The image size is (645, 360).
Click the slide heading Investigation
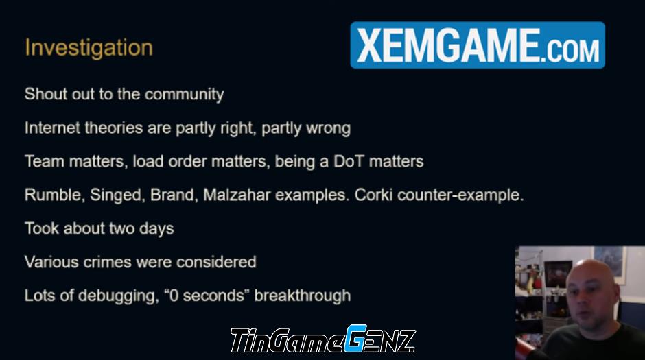point(89,49)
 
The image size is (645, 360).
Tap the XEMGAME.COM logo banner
point(478,45)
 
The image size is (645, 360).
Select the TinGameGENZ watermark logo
point(323,339)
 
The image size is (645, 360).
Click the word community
point(185,95)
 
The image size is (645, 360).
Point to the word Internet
point(52,128)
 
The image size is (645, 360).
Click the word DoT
point(349,161)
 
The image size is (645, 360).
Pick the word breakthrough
point(303,296)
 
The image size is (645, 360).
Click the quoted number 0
point(174,296)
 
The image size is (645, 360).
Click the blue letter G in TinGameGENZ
point(355,339)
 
